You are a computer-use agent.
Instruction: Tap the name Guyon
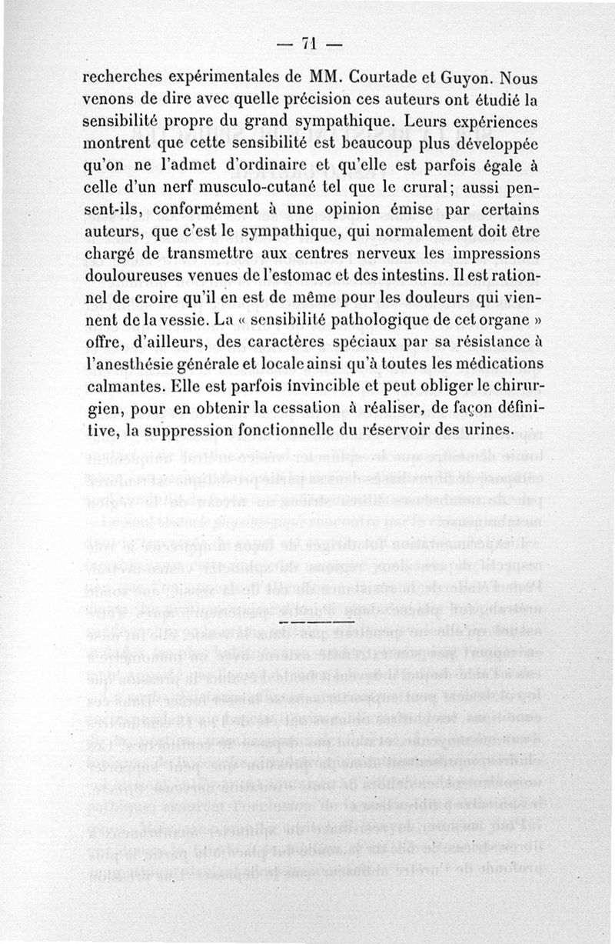click(x=464, y=78)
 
